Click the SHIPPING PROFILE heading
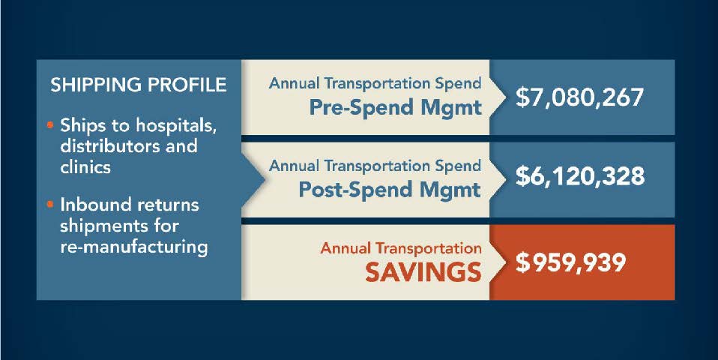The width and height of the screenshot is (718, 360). point(139,85)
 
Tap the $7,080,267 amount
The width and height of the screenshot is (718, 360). point(579,97)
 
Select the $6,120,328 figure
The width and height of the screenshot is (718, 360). point(579,176)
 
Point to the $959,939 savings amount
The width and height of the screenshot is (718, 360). point(570,262)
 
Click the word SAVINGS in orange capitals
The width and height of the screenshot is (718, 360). point(423,274)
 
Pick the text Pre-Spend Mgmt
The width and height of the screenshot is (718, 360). point(396,108)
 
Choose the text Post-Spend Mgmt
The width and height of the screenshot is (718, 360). point(390,189)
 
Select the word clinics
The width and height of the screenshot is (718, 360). point(85,166)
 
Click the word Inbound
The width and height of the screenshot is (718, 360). point(94,204)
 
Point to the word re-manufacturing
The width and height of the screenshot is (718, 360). point(134,247)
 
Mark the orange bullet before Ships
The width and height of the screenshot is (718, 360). point(51,124)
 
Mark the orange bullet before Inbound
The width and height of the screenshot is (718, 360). point(51,204)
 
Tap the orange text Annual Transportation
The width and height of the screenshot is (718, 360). point(401,248)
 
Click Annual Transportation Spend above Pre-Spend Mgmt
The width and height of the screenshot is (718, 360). point(375,84)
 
